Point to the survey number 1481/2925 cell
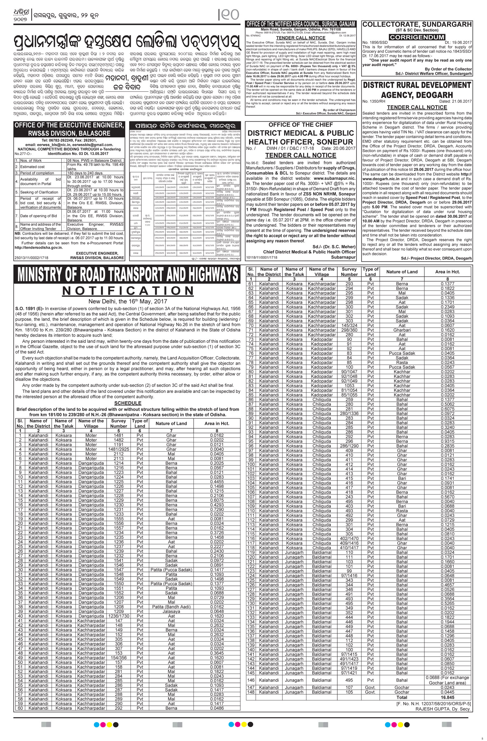(119, 449)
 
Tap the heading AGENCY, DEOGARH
(417, 95)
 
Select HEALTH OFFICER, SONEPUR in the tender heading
(300, 142)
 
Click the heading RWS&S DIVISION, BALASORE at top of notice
(69, 133)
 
